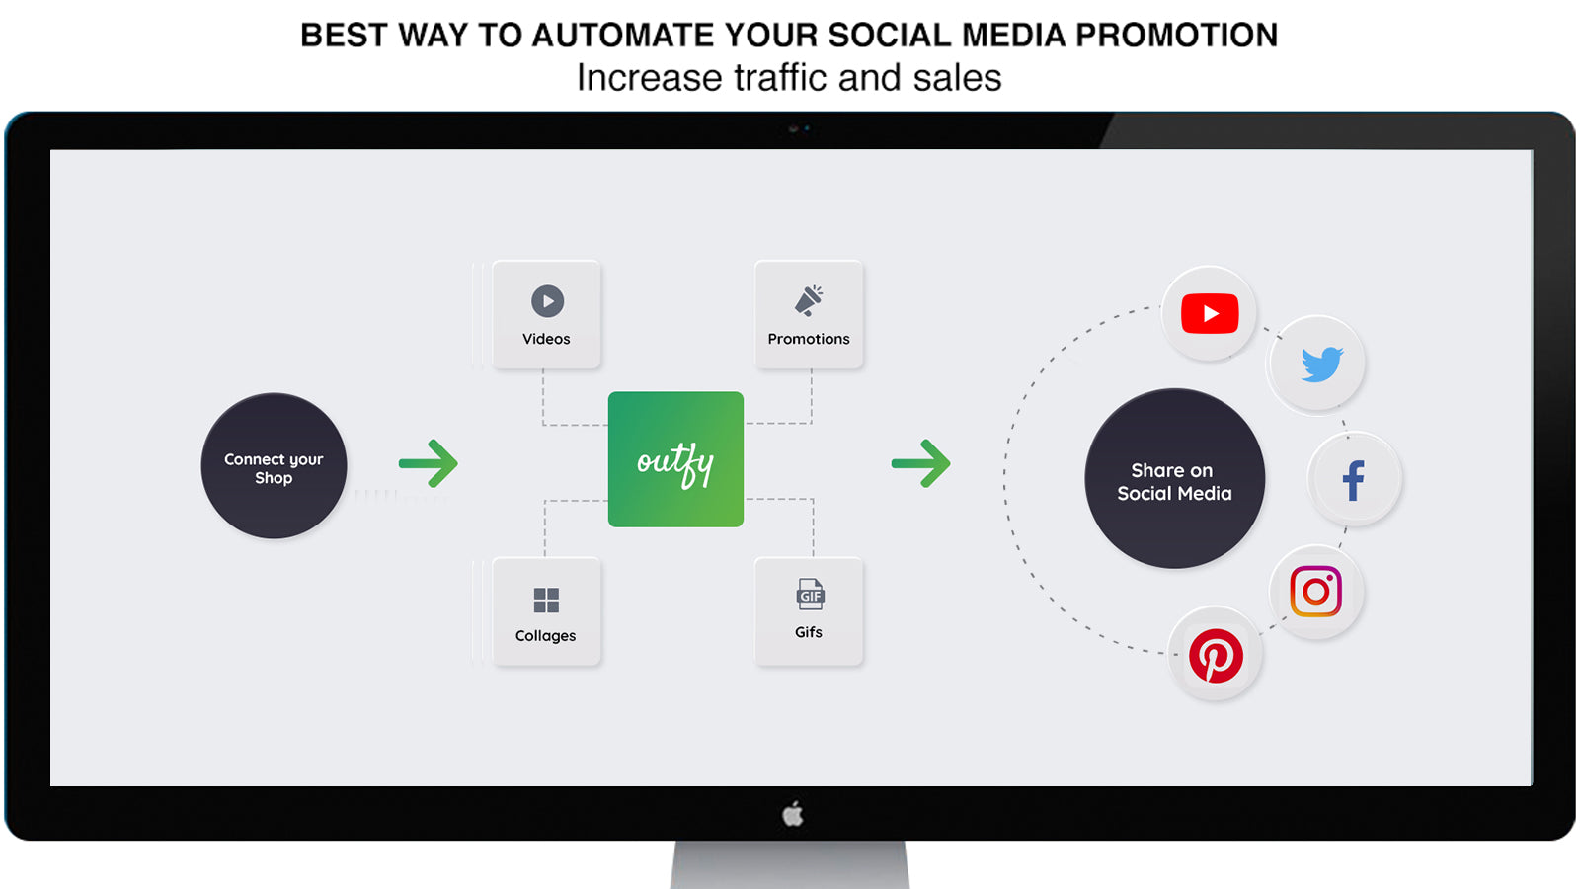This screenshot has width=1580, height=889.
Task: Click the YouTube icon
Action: (1210, 313)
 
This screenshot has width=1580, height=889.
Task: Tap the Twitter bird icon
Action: (1322, 364)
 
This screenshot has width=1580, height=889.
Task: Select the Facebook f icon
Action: (1354, 480)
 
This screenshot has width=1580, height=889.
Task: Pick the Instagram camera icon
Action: (1315, 592)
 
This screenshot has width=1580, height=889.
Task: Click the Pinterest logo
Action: (1216, 656)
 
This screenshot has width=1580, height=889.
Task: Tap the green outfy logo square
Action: (675, 459)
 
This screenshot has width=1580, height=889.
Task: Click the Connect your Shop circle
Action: (274, 465)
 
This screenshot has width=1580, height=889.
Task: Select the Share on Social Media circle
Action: (1174, 478)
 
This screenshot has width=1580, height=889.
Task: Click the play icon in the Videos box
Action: (547, 301)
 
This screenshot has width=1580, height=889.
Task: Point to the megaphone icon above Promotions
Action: (809, 300)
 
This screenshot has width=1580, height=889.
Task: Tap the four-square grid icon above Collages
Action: (546, 601)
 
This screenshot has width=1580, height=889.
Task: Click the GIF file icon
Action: (810, 594)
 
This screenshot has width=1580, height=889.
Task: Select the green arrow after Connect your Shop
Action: (429, 463)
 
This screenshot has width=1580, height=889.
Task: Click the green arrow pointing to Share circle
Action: (920, 463)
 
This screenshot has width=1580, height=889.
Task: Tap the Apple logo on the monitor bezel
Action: (793, 814)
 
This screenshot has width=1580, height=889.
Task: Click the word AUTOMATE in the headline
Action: (623, 36)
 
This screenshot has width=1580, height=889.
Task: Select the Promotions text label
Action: (809, 339)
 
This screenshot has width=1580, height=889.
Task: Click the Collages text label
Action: (545, 636)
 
